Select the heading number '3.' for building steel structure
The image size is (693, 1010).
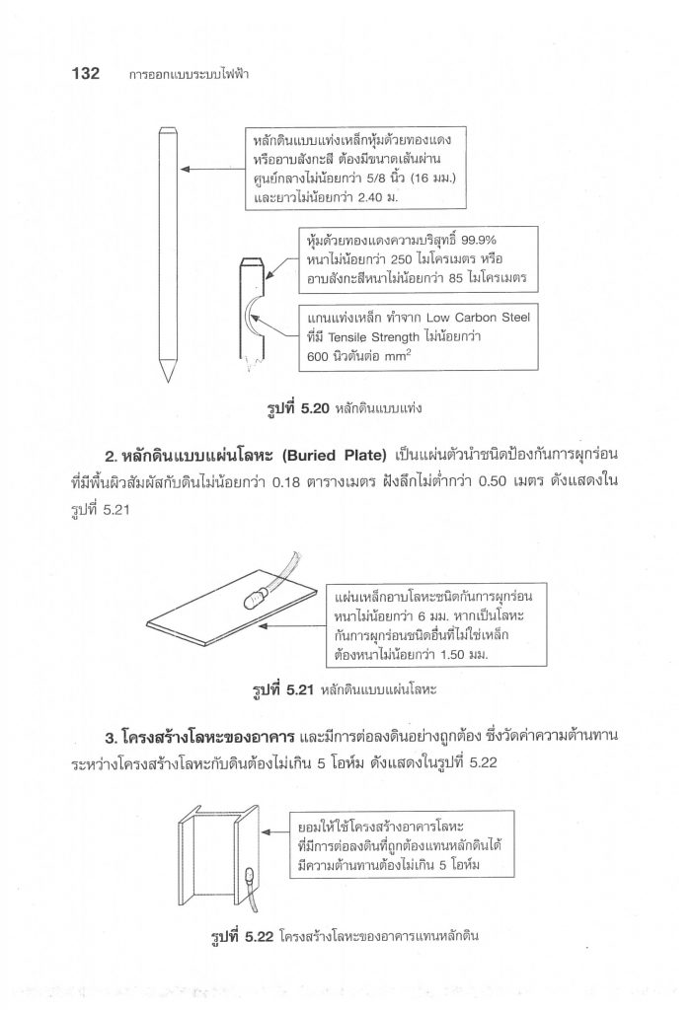pos(109,737)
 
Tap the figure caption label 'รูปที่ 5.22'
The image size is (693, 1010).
pos(240,935)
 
